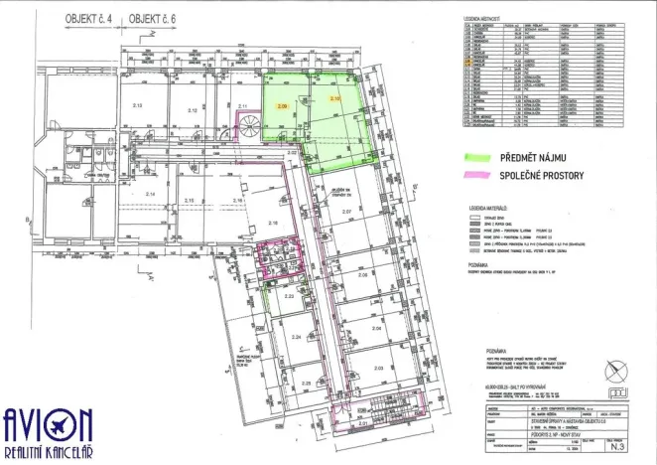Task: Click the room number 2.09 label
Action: (x=282, y=104)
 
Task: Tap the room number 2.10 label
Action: (x=335, y=100)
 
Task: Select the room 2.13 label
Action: (x=138, y=105)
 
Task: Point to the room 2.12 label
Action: (x=193, y=110)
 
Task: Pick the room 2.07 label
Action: (x=347, y=213)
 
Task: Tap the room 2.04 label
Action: (x=376, y=327)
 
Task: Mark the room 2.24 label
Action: (x=296, y=337)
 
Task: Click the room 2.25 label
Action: (x=307, y=383)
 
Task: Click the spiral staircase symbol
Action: (x=249, y=126)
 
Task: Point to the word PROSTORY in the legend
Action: (x=576, y=175)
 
